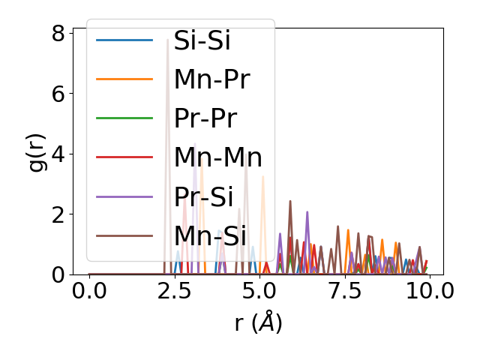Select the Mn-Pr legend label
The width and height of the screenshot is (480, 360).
pyautogui.click(x=211, y=79)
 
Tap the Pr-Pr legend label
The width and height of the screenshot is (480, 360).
pyautogui.click(x=205, y=118)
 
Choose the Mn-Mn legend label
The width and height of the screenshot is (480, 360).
pyautogui.click(x=217, y=157)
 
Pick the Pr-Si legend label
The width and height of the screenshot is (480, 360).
pyautogui.click(x=203, y=196)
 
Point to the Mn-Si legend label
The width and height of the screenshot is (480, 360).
pyautogui.click(x=210, y=235)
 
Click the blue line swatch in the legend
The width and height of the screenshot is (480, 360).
pyautogui.click(x=124, y=40)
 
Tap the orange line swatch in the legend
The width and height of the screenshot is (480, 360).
pyautogui.click(x=124, y=79)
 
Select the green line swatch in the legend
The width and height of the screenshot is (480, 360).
pyautogui.click(x=124, y=118)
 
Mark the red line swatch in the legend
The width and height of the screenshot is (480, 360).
pyautogui.click(x=124, y=157)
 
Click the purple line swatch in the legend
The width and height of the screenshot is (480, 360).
pyautogui.click(x=124, y=196)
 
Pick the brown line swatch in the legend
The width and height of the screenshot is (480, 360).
pyautogui.click(x=124, y=235)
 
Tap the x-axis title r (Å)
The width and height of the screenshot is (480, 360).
pyautogui.click(x=258, y=322)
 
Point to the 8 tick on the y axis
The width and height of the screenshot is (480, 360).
pyautogui.click(x=58, y=33)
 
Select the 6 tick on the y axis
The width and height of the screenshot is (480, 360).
pyautogui.click(x=58, y=94)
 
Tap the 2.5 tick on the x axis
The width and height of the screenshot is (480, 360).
pyautogui.click(x=174, y=291)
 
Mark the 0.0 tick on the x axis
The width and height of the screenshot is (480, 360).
pyautogui.click(x=89, y=291)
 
